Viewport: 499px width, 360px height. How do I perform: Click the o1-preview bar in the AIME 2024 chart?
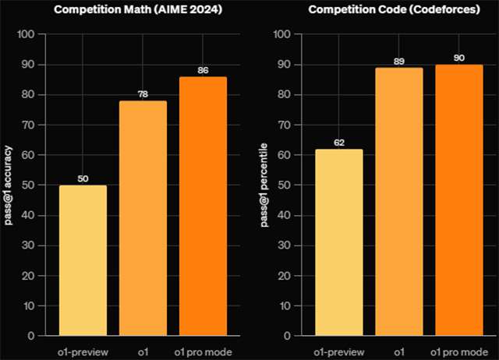83,260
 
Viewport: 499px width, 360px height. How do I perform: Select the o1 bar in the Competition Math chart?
143,218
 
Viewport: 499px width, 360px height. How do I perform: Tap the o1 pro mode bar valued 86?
203,206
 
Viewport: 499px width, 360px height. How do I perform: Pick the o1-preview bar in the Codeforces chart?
338,242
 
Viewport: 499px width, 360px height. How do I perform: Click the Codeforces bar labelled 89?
398,202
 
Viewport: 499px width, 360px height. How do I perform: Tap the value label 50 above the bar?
83,178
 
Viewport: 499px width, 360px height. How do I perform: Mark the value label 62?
338,143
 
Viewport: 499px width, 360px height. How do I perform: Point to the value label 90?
458,58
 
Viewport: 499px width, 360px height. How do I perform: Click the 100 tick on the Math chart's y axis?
25,35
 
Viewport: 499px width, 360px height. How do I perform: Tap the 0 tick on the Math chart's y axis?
30,337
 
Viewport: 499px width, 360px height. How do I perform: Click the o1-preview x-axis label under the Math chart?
83,351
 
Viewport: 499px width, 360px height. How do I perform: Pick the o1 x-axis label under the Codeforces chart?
398,351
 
